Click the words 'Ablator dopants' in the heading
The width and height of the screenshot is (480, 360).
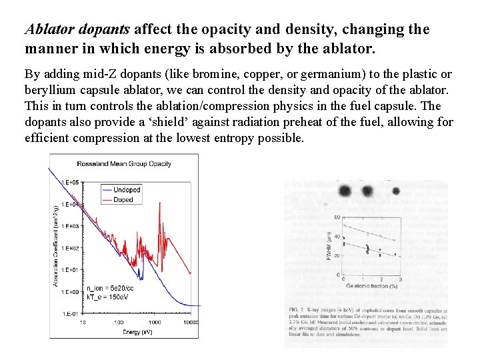[78, 30]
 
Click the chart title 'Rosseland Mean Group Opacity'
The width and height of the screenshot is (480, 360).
[124, 163]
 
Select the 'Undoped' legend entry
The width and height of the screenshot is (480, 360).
[127, 190]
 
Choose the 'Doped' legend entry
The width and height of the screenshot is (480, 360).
[123, 199]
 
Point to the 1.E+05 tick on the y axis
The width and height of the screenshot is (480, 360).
[69, 182]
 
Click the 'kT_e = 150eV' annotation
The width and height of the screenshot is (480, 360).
[108, 297]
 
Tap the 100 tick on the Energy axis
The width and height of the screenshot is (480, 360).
[117, 323]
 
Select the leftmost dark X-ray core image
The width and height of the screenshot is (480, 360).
[345, 191]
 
